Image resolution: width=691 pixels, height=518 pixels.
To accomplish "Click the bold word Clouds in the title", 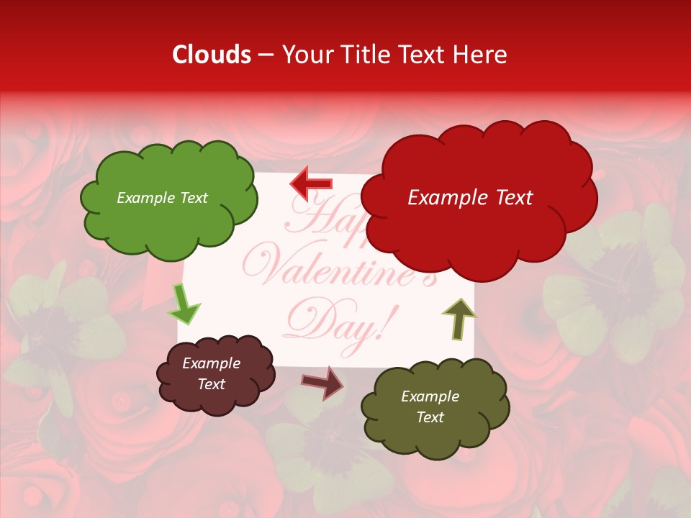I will [212, 55].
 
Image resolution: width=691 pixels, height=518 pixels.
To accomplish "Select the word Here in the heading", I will [479, 55].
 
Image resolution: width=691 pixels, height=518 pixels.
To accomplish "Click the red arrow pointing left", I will [311, 184].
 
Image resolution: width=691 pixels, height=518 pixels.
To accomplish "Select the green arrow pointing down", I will [184, 305].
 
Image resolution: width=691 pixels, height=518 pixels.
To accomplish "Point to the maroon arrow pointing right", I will [322, 382].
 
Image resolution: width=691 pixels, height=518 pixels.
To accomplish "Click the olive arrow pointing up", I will [459, 318].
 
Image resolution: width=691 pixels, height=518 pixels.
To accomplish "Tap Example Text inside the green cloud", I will [162, 198].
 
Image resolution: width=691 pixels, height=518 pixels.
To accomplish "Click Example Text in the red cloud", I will [470, 198].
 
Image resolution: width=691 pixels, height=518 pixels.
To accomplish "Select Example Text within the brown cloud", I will [212, 374].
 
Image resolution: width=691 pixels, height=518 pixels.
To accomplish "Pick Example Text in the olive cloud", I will [430, 406].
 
